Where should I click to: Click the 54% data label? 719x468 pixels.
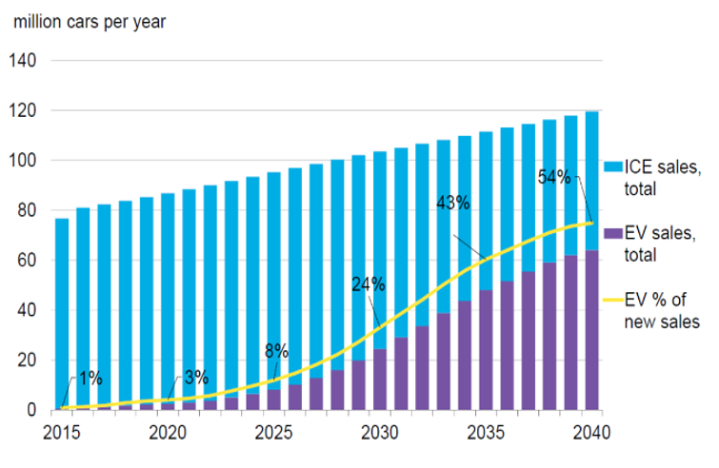coord(554,177)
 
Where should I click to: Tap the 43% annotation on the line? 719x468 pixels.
coord(453,203)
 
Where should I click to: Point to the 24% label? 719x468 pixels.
coord(369,284)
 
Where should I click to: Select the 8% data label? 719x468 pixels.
coord(276,351)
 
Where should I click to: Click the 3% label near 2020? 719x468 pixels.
coord(196,378)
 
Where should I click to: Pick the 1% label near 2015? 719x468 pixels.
coord(90,379)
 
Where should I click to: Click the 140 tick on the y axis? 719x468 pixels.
coord(23,60)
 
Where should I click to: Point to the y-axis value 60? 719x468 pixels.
coord(27,260)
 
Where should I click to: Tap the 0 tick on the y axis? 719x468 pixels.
coord(31,410)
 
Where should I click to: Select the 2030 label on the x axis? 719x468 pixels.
coord(380,433)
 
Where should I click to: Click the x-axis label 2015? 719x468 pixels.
coord(62,433)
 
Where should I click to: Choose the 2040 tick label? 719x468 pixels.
coord(591,433)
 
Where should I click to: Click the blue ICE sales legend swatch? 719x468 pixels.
coord(613,166)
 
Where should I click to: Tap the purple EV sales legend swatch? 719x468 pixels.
coord(613,233)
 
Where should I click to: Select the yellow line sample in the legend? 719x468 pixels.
coord(613,300)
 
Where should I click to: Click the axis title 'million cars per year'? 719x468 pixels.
coord(90,22)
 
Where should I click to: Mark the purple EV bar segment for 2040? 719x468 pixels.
coord(591,330)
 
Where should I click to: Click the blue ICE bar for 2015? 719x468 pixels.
coord(62,313)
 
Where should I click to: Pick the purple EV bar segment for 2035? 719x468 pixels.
coord(486,350)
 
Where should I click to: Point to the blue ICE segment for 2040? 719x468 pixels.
coord(591,181)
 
